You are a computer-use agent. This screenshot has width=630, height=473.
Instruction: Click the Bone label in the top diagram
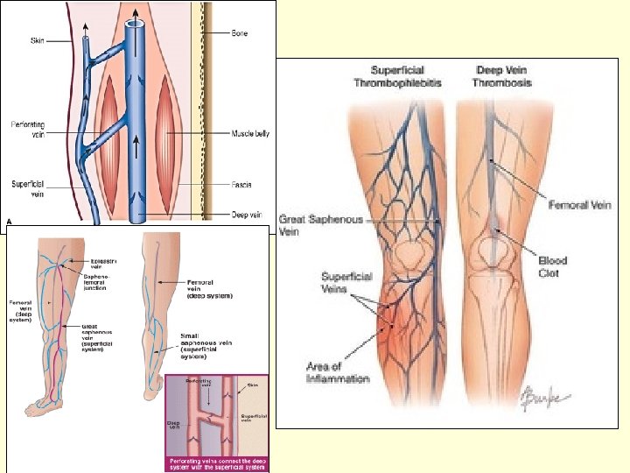click(240, 33)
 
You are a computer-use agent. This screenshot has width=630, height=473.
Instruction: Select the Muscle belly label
click(249, 133)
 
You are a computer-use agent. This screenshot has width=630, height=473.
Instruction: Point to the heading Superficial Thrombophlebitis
click(397, 76)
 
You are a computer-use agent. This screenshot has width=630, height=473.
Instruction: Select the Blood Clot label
click(552, 266)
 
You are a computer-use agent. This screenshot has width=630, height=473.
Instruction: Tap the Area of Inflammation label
click(338, 372)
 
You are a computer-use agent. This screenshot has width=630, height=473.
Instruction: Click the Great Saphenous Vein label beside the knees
click(310, 225)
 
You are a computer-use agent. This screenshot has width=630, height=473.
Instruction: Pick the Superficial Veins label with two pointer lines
click(346, 283)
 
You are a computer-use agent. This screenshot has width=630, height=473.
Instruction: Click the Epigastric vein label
click(104, 262)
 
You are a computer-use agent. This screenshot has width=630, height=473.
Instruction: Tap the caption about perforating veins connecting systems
click(217, 462)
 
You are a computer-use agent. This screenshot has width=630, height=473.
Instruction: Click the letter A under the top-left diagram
click(10, 222)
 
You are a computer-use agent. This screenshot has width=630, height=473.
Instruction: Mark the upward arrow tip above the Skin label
click(85, 26)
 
